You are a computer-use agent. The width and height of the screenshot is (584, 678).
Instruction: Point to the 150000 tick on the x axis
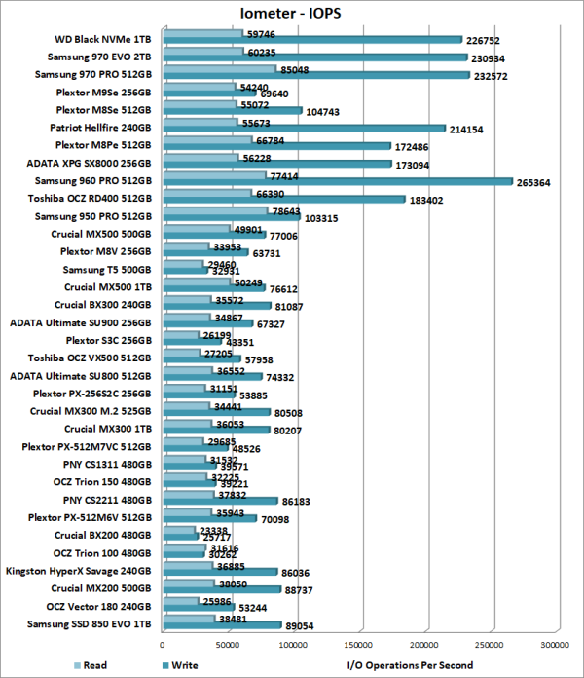coord(359,644)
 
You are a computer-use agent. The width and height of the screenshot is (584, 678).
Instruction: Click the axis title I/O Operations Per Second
coord(410,666)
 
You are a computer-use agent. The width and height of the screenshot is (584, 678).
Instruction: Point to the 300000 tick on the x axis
coord(555,644)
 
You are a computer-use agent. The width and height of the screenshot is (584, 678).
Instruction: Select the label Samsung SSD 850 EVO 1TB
coord(95,623)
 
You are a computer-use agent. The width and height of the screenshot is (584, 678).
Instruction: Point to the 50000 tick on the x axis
coord(229,644)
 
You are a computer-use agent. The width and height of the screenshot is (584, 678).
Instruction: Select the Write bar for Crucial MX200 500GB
coord(222,591)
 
